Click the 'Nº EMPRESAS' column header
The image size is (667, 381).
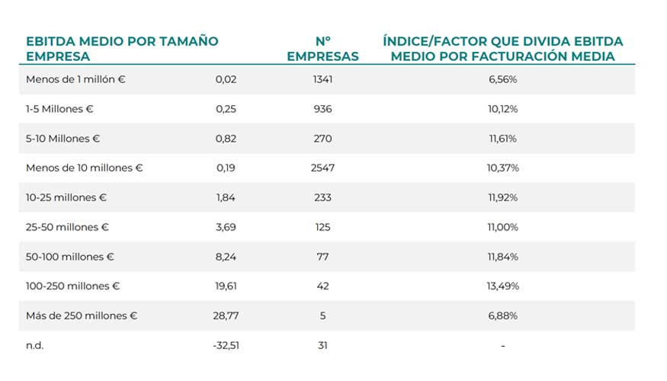pyautogui.click(x=322, y=49)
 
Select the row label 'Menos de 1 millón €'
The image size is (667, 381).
pyautogui.click(x=75, y=79)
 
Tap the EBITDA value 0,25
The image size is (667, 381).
pyautogui.click(x=226, y=109)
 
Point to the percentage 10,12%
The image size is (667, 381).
pyautogui.click(x=503, y=109)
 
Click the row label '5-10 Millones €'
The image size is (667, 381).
pyautogui.click(x=63, y=139)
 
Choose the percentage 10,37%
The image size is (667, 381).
pyautogui.click(x=503, y=168)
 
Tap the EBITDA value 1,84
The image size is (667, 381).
pyautogui.click(x=226, y=197)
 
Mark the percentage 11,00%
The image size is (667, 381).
pyautogui.click(x=503, y=227)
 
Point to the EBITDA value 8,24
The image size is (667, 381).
pyautogui.click(x=226, y=257)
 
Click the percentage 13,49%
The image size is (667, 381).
pyautogui.click(x=503, y=287)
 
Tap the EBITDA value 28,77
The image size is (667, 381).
pyautogui.click(x=224, y=315)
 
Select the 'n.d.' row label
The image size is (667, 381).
pyautogui.click(x=35, y=345)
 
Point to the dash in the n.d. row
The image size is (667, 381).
pyautogui.click(x=503, y=346)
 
